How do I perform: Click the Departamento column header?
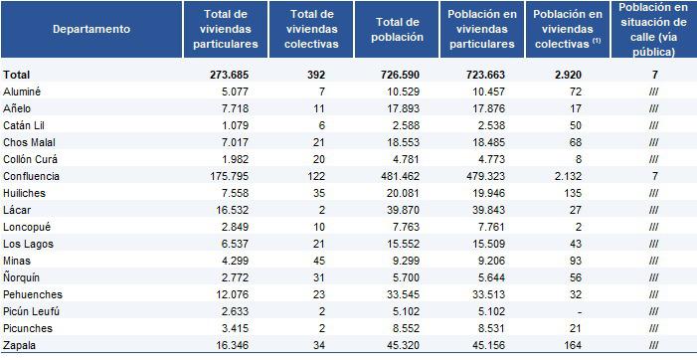91,29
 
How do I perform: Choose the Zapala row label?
20,345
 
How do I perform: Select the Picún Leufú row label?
31,309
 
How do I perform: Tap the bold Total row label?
17,75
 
